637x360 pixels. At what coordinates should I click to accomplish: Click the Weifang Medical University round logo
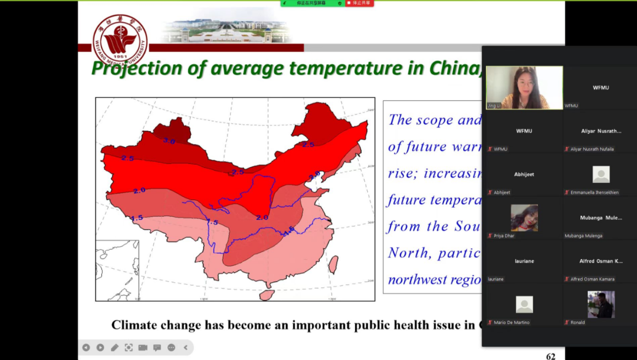pyautogui.click(x=120, y=40)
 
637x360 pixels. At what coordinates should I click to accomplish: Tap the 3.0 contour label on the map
pyautogui.click(x=169, y=141)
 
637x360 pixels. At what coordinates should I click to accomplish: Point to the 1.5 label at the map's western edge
pyautogui.click(x=137, y=218)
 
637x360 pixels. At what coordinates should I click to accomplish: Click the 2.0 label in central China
pyautogui.click(x=262, y=217)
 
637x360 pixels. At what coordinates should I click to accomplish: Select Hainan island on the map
pyautogui.click(x=267, y=294)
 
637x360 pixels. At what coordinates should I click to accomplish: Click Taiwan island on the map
pyautogui.click(x=333, y=263)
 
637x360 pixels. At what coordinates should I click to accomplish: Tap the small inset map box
pyautogui.click(x=117, y=270)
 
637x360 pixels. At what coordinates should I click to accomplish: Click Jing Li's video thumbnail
pyautogui.click(x=524, y=87)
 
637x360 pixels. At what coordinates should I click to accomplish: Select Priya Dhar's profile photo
pyautogui.click(x=524, y=218)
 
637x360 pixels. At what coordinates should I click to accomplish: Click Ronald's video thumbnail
pyautogui.click(x=600, y=305)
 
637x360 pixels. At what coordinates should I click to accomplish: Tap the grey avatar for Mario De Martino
pyautogui.click(x=524, y=305)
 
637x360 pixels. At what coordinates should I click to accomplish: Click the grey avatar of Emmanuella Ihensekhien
pyautogui.click(x=600, y=174)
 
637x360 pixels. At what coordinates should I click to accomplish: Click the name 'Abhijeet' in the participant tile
pyautogui.click(x=524, y=175)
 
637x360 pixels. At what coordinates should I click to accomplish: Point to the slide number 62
pyautogui.click(x=550, y=356)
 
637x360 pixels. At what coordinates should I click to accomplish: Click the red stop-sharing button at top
pyautogui.click(x=359, y=4)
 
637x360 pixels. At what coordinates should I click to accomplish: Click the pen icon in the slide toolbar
pyautogui.click(x=114, y=348)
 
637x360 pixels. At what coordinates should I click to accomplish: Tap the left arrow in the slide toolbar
pyautogui.click(x=86, y=348)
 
